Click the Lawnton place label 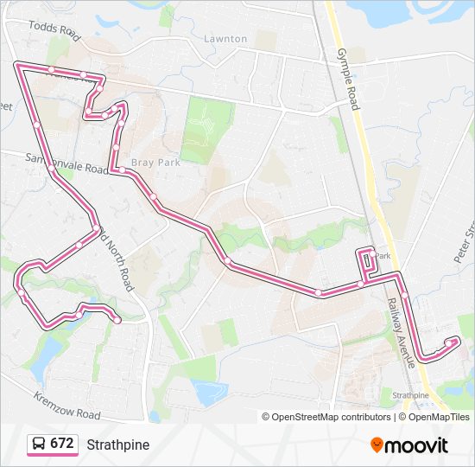225,39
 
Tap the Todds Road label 54,31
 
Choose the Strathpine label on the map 410,395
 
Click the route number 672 61,444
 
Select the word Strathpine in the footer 117,445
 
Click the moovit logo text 417,445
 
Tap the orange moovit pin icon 377,445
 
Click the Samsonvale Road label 66,163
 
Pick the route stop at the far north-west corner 19,64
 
